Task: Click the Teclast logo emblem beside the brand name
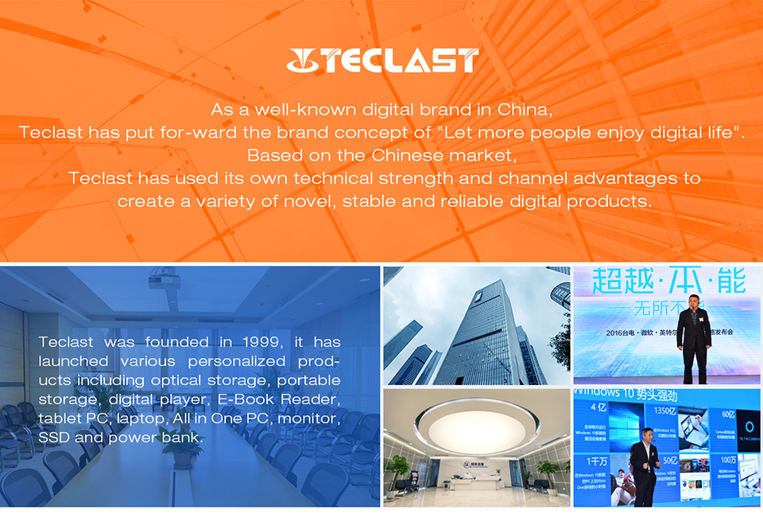[x=304, y=60]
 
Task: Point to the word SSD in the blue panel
[x=54, y=437]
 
